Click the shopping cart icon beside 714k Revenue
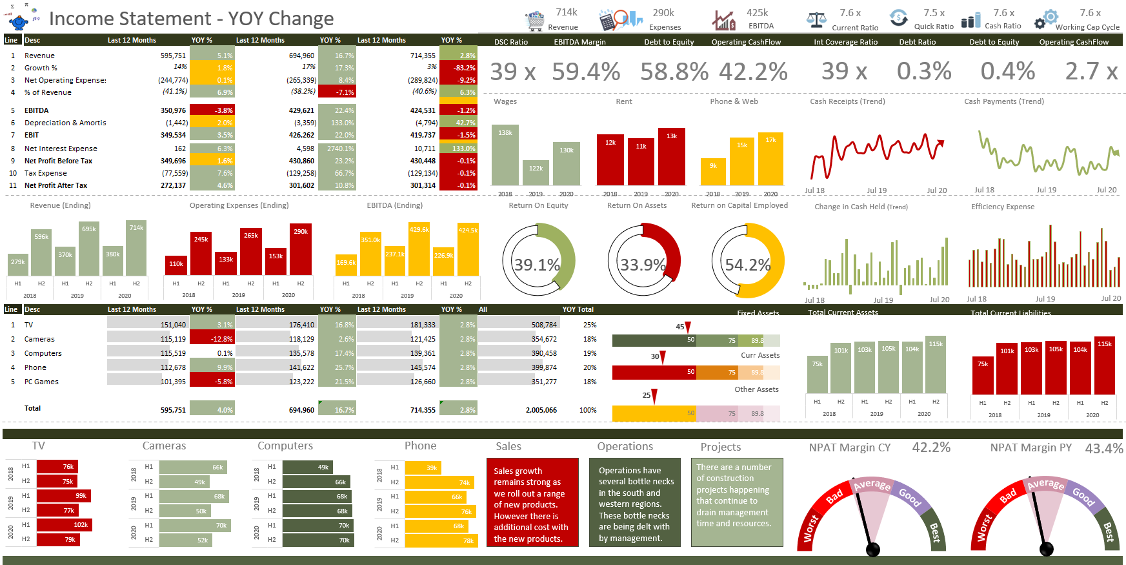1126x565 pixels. coord(534,21)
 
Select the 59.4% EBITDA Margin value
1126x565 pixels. coord(586,72)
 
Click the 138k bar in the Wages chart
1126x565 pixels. coord(505,155)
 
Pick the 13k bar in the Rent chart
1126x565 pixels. coord(671,156)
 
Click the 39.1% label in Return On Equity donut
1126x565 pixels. coord(536,265)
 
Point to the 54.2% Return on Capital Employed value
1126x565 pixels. coord(747,265)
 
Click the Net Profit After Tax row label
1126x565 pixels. coord(55,185)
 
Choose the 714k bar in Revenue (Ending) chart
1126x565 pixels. coord(136,249)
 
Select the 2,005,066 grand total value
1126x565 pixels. coord(541,410)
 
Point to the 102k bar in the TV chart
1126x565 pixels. coord(65,524)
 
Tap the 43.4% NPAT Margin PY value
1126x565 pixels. coord(1103,448)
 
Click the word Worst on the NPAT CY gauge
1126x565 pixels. coord(810,528)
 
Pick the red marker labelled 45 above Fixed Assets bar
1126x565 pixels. coord(688,327)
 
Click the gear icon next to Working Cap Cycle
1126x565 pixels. coord(1047,19)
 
